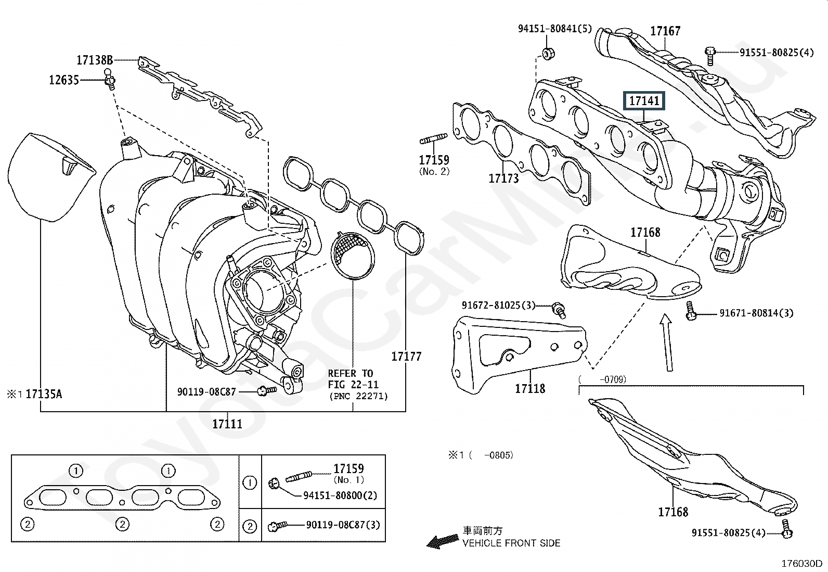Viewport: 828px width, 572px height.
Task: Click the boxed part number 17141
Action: click(x=644, y=100)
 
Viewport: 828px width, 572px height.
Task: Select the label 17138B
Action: click(x=95, y=60)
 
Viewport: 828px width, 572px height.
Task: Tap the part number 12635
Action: click(x=64, y=80)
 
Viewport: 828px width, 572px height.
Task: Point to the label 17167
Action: click(x=665, y=31)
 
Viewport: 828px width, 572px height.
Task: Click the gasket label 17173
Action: click(x=504, y=179)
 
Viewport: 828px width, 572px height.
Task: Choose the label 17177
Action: click(x=406, y=357)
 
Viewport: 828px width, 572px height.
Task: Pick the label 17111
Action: click(x=227, y=424)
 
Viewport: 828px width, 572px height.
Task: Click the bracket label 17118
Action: click(x=530, y=388)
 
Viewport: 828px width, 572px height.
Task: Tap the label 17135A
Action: click(x=44, y=394)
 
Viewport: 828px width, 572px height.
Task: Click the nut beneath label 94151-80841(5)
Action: click(x=548, y=54)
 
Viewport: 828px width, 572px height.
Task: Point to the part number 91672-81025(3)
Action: click(x=498, y=305)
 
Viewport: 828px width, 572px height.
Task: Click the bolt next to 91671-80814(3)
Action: click(x=690, y=311)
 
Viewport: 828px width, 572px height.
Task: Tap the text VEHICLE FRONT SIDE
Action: click(x=511, y=543)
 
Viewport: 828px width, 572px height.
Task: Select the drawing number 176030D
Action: click(x=801, y=564)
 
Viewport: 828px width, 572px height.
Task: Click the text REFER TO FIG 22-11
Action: click(x=353, y=379)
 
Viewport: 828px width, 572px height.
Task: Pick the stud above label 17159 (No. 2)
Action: click(x=434, y=139)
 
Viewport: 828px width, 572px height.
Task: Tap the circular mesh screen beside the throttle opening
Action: click(x=352, y=255)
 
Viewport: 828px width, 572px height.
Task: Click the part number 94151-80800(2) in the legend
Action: click(x=340, y=495)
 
